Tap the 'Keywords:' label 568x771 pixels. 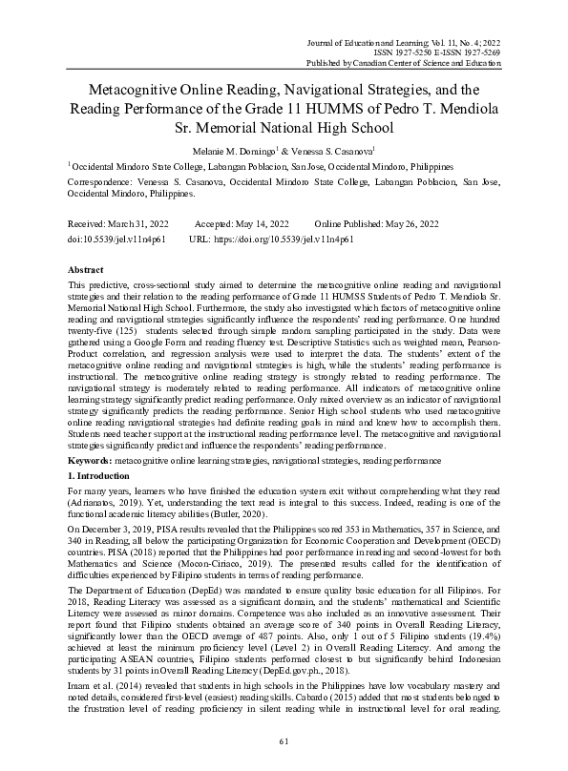coord(91,460)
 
